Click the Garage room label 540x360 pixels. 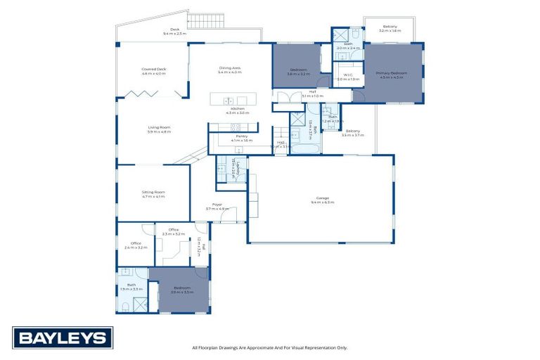click(323, 200)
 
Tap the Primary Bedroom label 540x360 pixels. click(392, 75)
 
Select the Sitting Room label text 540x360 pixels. click(153, 193)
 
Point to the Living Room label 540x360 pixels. click(159, 129)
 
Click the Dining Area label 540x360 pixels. click(230, 70)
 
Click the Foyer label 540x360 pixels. click(218, 207)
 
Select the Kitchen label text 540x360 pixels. click(238, 110)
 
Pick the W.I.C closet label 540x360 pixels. click(348, 77)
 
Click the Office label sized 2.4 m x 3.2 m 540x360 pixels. click(136, 245)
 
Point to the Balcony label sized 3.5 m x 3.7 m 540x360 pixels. click(352, 132)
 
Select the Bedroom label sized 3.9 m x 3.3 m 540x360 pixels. click(181, 289)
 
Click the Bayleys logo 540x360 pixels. click(62, 338)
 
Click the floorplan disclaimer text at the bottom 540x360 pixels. click(269, 347)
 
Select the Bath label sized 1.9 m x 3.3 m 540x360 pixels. click(131, 287)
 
